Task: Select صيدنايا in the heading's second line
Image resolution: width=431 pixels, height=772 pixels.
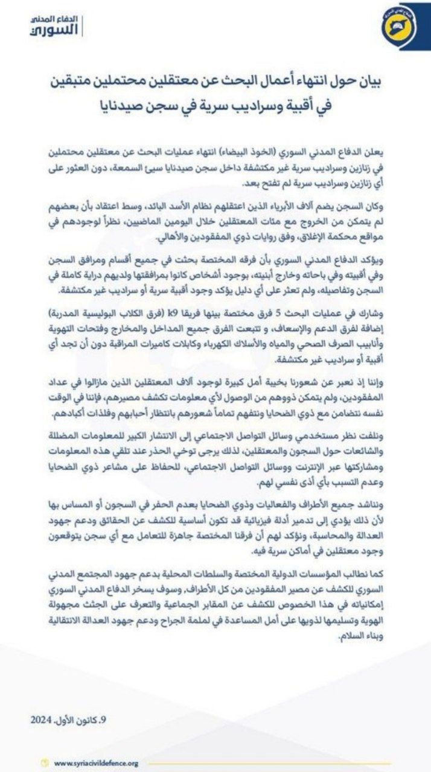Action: (126, 107)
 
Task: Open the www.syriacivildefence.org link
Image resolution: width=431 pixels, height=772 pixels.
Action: (96, 763)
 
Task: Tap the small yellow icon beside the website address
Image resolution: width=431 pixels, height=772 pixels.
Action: (43, 763)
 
